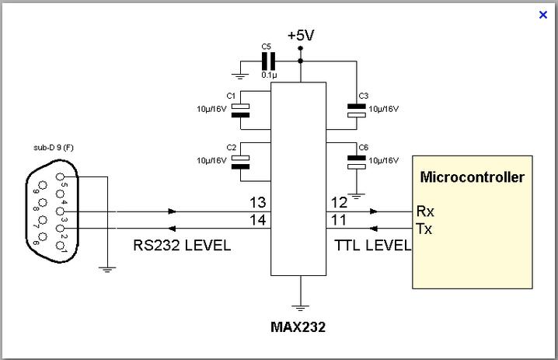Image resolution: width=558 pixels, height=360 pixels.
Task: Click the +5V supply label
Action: pos(301,36)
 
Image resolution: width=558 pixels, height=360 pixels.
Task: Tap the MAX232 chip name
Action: pos(298,327)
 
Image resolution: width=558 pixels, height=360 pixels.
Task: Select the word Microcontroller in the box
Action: pos(472,177)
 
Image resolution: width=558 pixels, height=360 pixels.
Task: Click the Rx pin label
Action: pos(425,211)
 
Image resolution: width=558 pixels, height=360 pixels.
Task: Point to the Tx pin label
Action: pos(424,229)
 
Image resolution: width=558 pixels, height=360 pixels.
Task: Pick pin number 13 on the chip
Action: pos(257,203)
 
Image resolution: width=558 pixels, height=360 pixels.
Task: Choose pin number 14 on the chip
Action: pos(257,220)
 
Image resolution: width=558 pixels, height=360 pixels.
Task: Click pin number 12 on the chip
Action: pos(339,203)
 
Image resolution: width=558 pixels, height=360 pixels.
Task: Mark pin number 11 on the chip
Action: pos(339,220)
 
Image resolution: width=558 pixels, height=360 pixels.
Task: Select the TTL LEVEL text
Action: pos(371,245)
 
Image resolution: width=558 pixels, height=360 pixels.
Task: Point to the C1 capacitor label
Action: pos(231,95)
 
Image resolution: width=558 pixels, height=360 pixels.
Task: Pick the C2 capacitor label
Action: pos(231,147)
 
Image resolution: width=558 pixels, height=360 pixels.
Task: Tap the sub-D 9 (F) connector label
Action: pos(52,147)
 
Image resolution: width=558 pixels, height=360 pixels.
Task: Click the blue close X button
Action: pos(543,14)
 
